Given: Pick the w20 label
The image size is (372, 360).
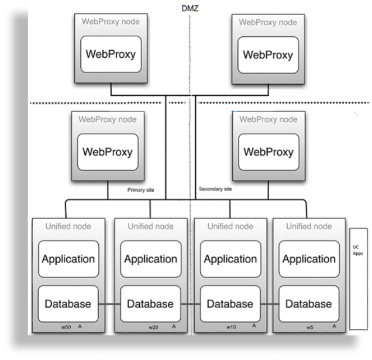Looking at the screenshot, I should [153, 327].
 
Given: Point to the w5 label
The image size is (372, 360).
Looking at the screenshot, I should [309, 327].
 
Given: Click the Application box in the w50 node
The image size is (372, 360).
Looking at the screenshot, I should [68, 258].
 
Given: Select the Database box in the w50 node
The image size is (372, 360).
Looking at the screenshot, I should [68, 304].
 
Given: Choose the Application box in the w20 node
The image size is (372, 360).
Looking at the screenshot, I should [150, 258].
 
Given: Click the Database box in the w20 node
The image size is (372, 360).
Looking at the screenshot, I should [150, 304].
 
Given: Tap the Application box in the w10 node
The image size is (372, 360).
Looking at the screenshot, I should [230, 258].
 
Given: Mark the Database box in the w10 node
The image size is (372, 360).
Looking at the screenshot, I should [230, 304].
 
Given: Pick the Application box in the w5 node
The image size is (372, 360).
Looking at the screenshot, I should [308, 258].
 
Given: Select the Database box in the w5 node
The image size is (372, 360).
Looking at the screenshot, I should [308, 304].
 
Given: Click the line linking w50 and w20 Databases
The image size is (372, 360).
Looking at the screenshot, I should [109, 304].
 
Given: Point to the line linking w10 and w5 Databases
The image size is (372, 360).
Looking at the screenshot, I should [268, 304].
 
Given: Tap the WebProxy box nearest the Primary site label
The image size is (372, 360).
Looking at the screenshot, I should [108, 152].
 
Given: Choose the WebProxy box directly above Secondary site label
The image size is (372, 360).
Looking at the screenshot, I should [268, 152].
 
